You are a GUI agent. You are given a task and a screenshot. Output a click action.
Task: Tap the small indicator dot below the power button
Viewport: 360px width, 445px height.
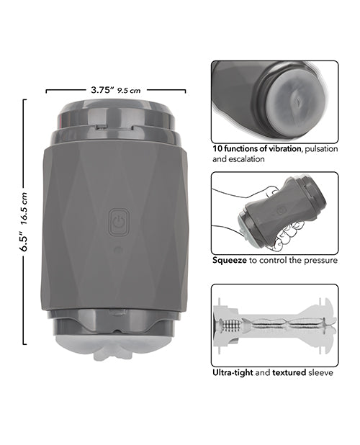[117, 250]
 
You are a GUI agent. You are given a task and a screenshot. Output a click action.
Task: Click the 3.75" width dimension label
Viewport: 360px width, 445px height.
[102, 90]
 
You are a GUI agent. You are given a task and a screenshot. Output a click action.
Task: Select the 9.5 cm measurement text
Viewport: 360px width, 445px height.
[129, 91]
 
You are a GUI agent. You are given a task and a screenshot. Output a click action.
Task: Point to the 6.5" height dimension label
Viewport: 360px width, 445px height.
[24, 241]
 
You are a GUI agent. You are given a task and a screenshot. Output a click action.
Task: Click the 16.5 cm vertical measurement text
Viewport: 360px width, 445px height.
[24, 209]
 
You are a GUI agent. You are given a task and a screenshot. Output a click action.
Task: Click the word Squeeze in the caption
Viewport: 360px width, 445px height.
[230, 261]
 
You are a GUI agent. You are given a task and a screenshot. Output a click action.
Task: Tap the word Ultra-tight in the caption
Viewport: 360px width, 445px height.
[233, 372]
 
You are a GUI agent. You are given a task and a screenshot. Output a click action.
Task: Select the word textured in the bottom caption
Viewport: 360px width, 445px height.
[289, 372]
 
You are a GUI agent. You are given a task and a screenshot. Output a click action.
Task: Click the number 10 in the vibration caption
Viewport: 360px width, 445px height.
[217, 149]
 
